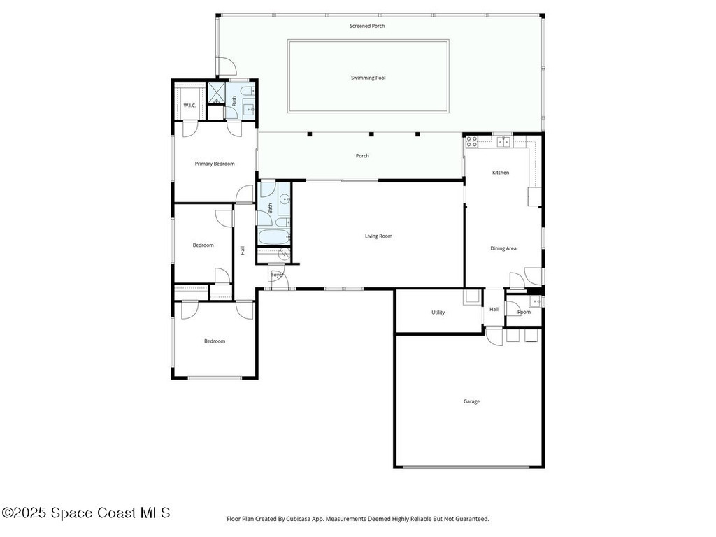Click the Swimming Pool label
tap(368, 78)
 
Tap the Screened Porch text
tap(367, 26)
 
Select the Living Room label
tap(378, 236)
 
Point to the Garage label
tap(471, 401)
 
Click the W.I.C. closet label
tap(190, 106)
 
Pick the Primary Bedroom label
tap(215, 164)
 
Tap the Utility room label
tap(438, 313)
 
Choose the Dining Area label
tap(503, 248)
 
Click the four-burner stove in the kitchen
tap(472, 141)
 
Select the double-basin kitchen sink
tap(503, 141)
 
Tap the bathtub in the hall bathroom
tap(274, 236)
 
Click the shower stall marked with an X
tap(216, 93)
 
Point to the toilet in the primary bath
tap(248, 90)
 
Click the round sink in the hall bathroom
tap(285, 199)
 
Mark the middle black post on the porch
tap(371, 134)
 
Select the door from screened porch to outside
tap(226, 67)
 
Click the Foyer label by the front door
tap(278, 275)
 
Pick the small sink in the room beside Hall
tap(535, 301)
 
